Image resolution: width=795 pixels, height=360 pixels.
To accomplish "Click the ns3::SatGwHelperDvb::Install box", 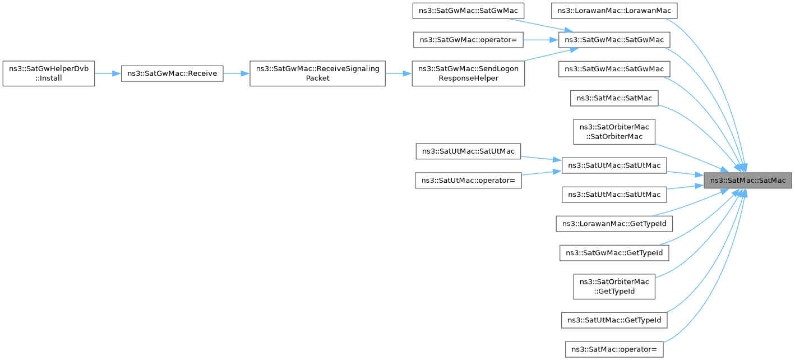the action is (49, 73).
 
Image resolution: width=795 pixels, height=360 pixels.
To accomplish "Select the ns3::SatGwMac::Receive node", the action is (172, 73).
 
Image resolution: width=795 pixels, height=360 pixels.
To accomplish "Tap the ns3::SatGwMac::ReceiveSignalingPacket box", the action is (317, 73).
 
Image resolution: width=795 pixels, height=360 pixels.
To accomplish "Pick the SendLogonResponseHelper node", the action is (468, 73).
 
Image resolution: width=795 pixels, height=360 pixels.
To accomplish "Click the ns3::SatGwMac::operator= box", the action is (468, 40).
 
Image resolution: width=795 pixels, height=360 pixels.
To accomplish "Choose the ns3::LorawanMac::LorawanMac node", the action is (614, 11).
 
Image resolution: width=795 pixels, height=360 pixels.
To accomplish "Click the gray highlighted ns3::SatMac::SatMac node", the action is (748, 181).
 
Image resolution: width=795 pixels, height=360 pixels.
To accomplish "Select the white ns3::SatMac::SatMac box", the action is (614, 98).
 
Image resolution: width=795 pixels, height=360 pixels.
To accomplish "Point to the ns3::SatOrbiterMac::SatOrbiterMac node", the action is (614, 132).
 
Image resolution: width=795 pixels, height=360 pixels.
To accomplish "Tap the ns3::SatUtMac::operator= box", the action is (468, 181).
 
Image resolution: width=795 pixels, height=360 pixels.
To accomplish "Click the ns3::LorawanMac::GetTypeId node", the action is (614, 224).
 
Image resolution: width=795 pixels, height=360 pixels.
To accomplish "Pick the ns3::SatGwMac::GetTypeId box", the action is (614, 253).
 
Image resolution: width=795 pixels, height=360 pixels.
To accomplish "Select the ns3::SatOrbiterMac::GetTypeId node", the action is (614, 287).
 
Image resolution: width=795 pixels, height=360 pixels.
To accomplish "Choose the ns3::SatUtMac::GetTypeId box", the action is (614, 320).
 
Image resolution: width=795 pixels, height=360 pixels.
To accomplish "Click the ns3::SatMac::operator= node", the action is (614, 349).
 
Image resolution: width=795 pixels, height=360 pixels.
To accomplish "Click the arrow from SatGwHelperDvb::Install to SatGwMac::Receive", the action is (108, 73).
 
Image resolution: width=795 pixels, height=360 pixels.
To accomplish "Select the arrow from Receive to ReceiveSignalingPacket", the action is (237, 73).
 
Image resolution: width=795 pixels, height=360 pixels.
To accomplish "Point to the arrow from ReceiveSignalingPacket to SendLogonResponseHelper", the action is (399, 73).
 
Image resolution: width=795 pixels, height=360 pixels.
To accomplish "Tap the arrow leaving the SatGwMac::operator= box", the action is (540, 40).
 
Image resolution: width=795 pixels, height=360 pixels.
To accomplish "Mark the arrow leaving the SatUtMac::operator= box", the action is (541, 173).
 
